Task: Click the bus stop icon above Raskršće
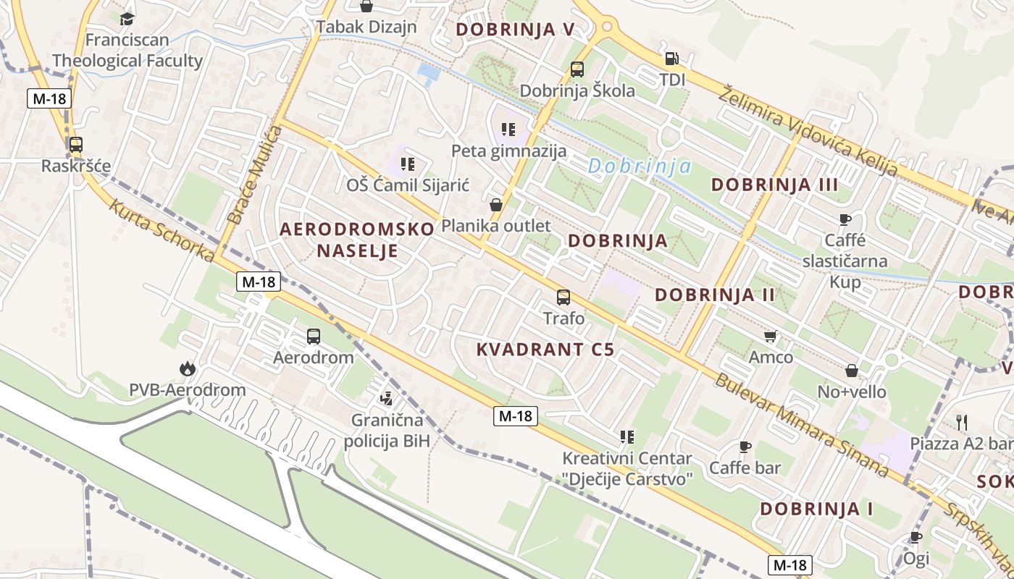click(x=76, y=144)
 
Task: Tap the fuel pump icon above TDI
click(x=672, y=59)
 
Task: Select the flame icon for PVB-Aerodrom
click(x=188, y=369)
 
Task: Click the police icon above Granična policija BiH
click(x=387, y=397)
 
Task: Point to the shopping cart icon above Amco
click(x=771, y=336)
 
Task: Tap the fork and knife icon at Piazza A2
click(x=962, y=422)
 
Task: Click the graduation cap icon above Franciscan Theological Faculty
click(x=127, y=19)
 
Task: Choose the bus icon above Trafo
click(x=563, y=297)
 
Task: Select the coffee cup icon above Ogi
click(x=916, y=537)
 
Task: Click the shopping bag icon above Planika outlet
click(x=496, y=205)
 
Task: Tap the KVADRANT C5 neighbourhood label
click(x=545, y=350)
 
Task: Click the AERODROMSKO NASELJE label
click(x=357, y=240)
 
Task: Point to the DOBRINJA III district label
click(x=774, y=185)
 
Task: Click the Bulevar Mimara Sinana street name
click(x=802, y=425)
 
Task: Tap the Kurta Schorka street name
click(x=162, y=230)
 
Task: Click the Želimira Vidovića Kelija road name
click(x=808, y=130)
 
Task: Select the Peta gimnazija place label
click(x=508, y=151)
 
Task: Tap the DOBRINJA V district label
click(x=515, y=30)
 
